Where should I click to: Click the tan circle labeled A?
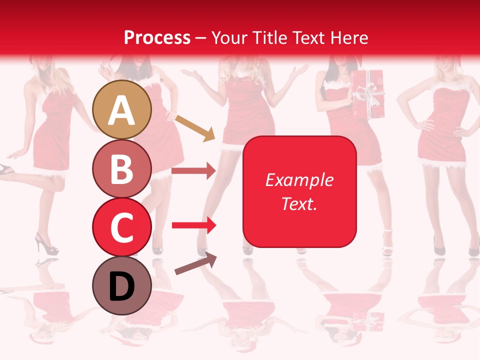click(122, 110)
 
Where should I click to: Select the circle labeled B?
click(122, 169)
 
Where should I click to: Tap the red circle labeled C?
click(122, 227)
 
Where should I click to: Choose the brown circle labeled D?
click(122, 285)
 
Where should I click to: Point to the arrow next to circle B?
click(193, 171)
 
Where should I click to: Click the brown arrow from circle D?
click(195, 263)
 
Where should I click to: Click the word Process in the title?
click(157, 37)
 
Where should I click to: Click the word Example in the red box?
click(299, 180)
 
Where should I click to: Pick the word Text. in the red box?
click(299, 203)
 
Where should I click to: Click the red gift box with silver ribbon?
click(366, 94)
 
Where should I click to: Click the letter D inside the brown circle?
click(122, 286)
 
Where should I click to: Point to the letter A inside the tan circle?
click(122, 111)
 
